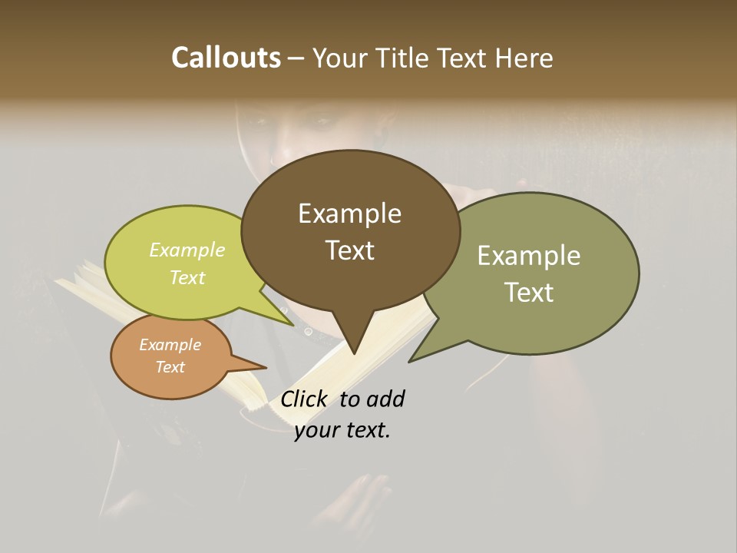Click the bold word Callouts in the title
(226, 58)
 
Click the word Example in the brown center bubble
(349, 214)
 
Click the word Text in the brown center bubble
(349, 250)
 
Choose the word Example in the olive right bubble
(528, 256)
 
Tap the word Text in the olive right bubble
(528, 292)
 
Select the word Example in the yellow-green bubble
(187, 250)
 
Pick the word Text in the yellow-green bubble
(187, 277)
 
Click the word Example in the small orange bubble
(170, 345)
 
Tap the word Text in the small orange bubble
(170, 367)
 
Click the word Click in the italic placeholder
(303, 399)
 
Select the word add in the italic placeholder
(385, 399)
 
